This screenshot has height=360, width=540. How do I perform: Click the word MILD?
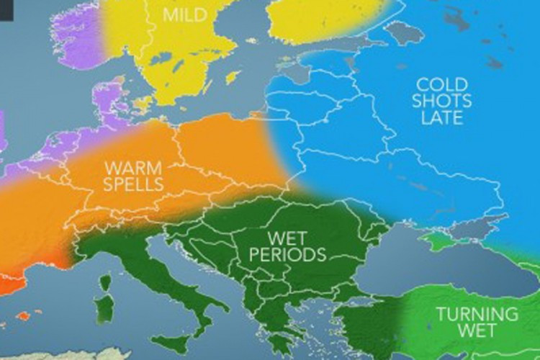182,14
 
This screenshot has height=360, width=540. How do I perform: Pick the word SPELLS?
133,184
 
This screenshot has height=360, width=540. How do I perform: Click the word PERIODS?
287,254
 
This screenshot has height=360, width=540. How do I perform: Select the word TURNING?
477,314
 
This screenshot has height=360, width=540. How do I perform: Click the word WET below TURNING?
476,331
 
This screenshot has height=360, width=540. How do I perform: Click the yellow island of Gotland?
233,76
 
